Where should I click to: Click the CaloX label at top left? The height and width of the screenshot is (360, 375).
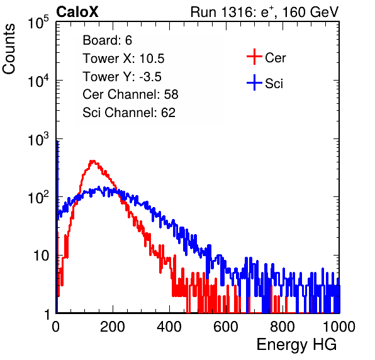[x=77, y=12]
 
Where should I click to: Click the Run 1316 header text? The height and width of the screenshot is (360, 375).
[x=264, y=12]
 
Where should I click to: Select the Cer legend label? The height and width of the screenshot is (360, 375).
[x=275, y=58]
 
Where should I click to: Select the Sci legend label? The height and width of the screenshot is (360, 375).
[x=274, y=84]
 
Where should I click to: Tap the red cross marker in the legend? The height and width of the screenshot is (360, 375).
[x=254, y=57]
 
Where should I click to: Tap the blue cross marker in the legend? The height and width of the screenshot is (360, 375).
[x=254, y=82]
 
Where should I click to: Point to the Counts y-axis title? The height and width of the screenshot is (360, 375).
[x=9, y=49]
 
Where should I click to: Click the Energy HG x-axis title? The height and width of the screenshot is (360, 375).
[x=296, y=345]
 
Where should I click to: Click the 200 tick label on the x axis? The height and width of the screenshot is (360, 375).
[x=113, y=327]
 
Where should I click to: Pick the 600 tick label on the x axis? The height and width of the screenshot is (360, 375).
[x=226, y=327]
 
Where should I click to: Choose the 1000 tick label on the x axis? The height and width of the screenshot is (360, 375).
[x=339, y=327]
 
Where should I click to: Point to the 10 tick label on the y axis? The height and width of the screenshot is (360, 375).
[x=42, y=256]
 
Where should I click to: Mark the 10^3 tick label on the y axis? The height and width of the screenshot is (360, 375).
[x=38, y=140]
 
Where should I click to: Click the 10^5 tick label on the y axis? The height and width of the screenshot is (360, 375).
[x=38, y=23]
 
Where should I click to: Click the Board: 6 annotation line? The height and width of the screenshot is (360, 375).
[x=107, y=40]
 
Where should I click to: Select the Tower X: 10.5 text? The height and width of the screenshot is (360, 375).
[x=123, y=59]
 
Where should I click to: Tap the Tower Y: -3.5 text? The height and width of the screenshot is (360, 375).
[x=122, y=77]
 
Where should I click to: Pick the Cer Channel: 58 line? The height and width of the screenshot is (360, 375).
[x=130, y=94]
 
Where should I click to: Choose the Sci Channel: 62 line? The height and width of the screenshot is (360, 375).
[x=129, y=113]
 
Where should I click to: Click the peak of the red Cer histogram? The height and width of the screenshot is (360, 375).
[x=92, y=161]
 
